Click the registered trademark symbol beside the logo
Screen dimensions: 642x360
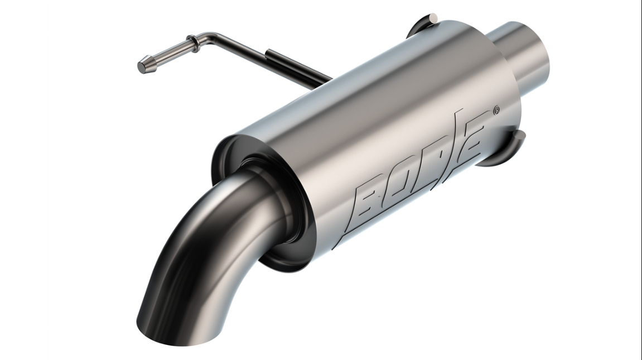(496, 110)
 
